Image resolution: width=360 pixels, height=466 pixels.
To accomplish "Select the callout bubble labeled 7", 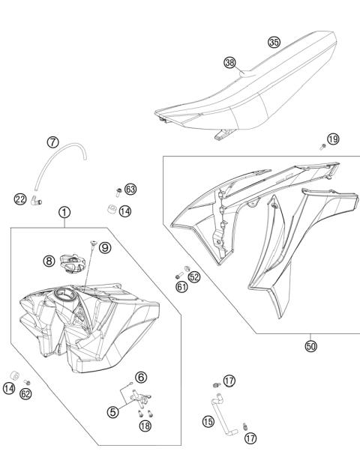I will coord(52,142).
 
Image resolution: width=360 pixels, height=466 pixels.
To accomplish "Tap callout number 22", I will coord(20,199).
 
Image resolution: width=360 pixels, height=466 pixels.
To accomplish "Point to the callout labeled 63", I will coord(130,190).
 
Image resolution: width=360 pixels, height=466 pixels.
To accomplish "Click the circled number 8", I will coord(49,261).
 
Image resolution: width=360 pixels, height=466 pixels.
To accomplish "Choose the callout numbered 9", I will coord(104,247).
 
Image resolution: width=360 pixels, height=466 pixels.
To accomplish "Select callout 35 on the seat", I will coord(274,43).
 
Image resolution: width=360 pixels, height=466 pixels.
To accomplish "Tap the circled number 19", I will coord(333,139).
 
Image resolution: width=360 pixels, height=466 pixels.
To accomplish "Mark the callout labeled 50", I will coord(310,346).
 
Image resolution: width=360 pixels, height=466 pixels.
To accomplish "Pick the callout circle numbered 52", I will coord(194,276).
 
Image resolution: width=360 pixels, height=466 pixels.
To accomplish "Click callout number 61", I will coord(181,286).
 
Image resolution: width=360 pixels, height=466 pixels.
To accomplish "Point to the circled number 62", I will coord(26,393).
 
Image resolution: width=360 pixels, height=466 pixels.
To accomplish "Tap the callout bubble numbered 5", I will coord(112,411).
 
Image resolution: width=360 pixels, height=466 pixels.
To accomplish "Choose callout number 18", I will coord(145,426).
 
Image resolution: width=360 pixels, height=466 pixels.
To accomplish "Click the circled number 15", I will coord(208,423).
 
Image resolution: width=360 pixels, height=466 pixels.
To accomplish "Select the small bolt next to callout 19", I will coord(322,145).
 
